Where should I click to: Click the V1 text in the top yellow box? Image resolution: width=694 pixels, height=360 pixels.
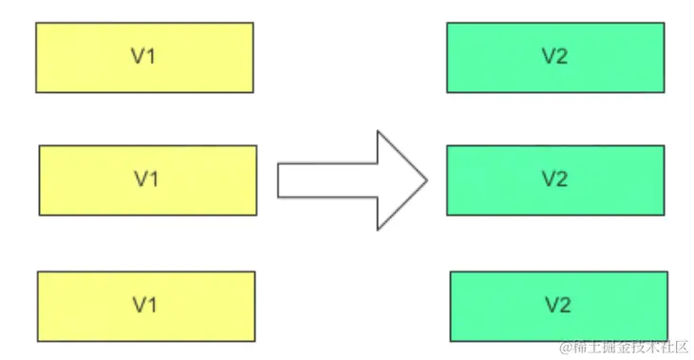coord(143,57)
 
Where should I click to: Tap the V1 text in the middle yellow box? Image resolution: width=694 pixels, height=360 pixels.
coord(146,180)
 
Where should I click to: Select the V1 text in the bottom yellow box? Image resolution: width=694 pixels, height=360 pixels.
coord(144,305)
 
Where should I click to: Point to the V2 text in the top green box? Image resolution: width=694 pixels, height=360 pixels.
coord(554,57)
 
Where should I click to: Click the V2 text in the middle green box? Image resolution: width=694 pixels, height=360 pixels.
coord(554,180)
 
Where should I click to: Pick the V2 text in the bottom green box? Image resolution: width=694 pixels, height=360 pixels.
coord(557,305)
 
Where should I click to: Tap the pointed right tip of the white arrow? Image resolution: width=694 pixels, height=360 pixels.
coord(428,180)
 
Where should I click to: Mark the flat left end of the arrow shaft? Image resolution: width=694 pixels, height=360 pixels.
coord(278,180)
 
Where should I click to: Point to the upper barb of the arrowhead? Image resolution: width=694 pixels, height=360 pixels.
coord(378,132)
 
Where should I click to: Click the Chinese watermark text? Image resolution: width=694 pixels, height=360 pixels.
coord(631,347)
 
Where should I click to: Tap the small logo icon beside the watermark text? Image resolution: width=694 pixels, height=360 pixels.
coord(566,347)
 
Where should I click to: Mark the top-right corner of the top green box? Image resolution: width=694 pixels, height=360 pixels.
coord(664,24)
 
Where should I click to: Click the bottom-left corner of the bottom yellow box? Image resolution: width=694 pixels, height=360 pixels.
coord(37,339)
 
